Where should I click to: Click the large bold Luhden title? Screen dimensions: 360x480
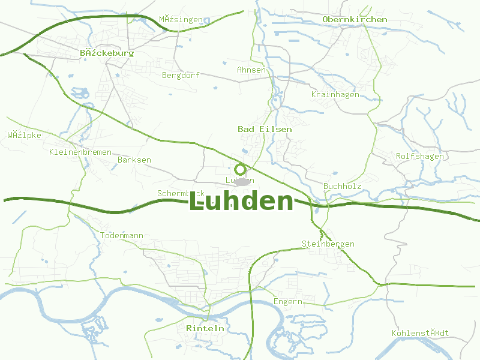(241, 202)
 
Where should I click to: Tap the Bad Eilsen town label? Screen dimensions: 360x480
(265, 129)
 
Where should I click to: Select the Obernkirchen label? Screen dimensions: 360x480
(355, 19)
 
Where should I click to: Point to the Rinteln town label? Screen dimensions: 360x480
(205, 328)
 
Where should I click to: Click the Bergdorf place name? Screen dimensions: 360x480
(181, 75)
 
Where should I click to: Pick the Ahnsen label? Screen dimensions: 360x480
(251, 70)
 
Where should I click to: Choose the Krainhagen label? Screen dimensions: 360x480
(335, 94)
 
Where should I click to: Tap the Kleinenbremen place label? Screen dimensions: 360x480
(80, 152)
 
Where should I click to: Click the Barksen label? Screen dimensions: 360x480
(134, 160)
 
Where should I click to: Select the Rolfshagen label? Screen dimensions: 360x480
(420, 157)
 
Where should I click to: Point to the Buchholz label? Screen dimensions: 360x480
(342, 186)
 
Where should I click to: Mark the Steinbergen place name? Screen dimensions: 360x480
(328, 244)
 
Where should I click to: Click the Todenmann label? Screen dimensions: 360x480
(122, 235)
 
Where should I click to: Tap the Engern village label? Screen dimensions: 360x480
(288, 301)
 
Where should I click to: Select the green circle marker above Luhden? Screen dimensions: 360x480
(240, 169)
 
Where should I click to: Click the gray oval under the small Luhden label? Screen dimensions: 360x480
(242, 181)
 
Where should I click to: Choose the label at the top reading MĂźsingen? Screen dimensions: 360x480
(181, 19)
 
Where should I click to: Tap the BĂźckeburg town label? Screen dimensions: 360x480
(107, 53)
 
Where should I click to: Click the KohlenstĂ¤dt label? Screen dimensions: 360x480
(420, 333)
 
